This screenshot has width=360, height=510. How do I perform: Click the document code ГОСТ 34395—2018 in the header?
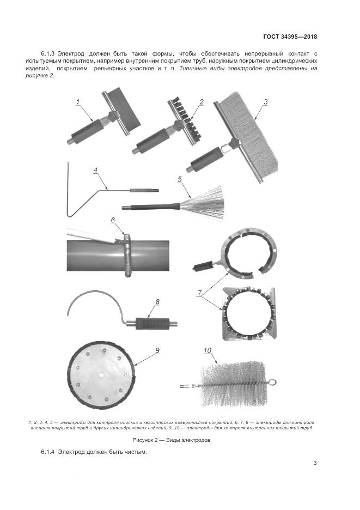[290, 37]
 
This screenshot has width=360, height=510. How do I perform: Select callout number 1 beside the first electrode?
[78, 102]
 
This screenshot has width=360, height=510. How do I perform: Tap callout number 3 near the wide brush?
[266, 102]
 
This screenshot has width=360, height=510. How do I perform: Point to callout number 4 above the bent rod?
[95, 170]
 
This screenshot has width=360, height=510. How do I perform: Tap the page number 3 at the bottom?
[315, 463]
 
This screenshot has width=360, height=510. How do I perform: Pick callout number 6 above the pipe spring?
[113, 220]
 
